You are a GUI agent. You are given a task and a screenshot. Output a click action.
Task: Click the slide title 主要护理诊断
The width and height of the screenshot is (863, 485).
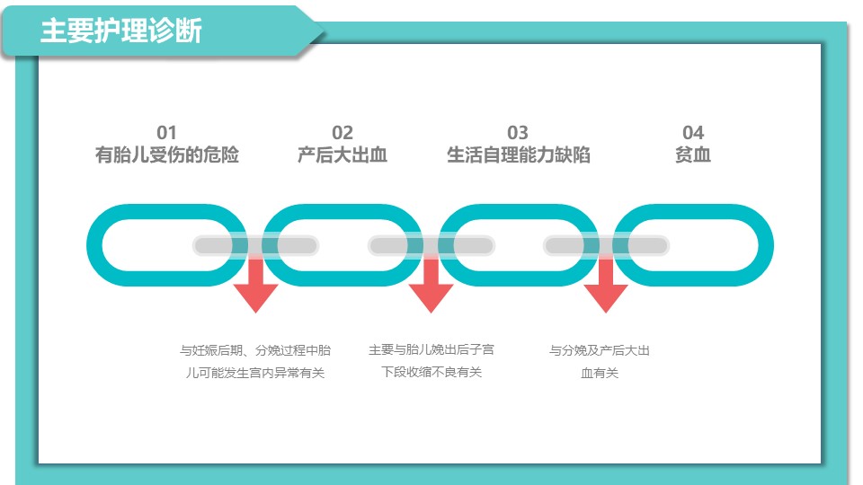[121, 31]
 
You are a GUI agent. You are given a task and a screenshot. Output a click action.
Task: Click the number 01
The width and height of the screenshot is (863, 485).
[167, 133]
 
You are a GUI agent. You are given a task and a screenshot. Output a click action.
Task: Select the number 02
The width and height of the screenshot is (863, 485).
[343, 133]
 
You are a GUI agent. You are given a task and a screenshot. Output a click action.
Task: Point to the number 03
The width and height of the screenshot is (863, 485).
[518, 133]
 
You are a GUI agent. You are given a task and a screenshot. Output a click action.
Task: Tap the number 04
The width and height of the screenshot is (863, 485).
[693, 133]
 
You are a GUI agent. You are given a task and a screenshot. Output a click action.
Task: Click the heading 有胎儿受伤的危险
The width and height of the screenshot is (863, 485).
[167, 154]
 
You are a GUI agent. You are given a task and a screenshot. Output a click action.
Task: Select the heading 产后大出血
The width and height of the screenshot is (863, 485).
[343, 154]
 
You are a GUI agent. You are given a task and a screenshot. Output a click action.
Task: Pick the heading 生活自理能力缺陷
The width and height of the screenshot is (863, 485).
[518, 154]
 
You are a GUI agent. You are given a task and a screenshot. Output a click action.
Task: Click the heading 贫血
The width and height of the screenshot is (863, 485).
[693, 154]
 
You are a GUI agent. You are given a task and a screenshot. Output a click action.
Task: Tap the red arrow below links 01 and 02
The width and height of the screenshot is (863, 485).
[255, 283]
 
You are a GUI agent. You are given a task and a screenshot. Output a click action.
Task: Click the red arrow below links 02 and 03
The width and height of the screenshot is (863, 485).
[431, 283]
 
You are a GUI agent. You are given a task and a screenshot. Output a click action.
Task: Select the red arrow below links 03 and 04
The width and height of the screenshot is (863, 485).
[606, 283]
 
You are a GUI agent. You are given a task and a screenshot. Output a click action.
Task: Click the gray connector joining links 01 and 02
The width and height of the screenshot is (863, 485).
[255, 245]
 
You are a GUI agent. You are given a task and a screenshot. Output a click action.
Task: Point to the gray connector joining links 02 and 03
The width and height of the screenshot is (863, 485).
[431, 245]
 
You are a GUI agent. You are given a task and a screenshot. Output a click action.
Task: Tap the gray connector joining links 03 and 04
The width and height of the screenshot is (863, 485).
[606, 245]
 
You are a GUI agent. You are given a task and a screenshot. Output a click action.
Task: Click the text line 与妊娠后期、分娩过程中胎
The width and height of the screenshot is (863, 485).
[255, 350]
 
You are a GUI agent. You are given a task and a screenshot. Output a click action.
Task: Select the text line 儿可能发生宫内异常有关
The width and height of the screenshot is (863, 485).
[255, 373]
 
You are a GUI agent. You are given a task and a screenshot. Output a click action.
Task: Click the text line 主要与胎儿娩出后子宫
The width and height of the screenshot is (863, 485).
[431, 349]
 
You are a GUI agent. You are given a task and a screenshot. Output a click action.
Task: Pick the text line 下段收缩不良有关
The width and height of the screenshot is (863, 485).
[431, 372]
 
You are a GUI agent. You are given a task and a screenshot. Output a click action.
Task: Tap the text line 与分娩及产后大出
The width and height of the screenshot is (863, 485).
[600, 350]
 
